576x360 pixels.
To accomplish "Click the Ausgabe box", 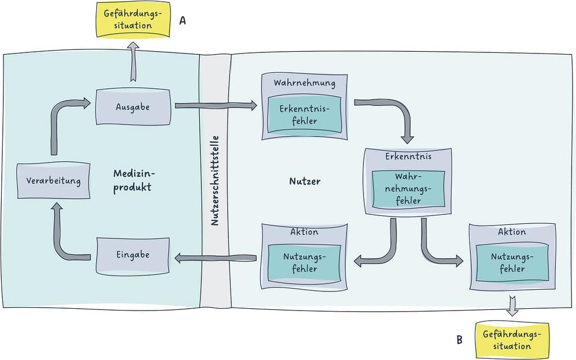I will coord(133,106).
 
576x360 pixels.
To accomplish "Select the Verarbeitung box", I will coord(53,181).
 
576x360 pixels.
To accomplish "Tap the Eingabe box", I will coord(133,255).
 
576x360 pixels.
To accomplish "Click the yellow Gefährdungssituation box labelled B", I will coord(512,340).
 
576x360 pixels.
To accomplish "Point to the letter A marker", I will coord(182,21).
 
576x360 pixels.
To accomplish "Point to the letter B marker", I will coord(460,340).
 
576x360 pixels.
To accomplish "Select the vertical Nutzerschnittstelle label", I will coord(215,181).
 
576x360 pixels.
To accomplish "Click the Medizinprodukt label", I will coord(132,181).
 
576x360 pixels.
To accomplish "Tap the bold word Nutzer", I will coord(305,181).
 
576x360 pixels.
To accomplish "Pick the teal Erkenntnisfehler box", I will coord(304,114).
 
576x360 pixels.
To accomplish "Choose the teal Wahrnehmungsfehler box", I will coord(408,188).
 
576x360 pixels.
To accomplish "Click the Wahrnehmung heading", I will coord(304,83).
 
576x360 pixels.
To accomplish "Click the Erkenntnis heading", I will coord(408,156).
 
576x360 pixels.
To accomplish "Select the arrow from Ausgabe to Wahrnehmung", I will coord(215,105).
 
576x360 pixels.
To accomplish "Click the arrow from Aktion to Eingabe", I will coord(215,258).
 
